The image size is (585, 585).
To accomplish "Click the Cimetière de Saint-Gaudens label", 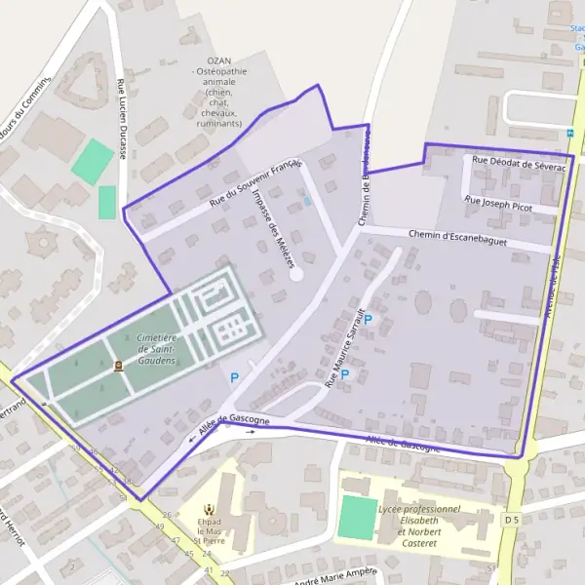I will (157, 349).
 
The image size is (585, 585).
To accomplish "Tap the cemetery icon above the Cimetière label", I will (119, 366).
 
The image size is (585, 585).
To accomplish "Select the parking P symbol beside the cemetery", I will (233, 377).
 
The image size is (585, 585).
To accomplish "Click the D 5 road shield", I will (512, 521).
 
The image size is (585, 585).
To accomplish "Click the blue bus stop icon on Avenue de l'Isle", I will (570, 133).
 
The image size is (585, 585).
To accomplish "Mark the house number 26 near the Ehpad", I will (167, 515).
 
